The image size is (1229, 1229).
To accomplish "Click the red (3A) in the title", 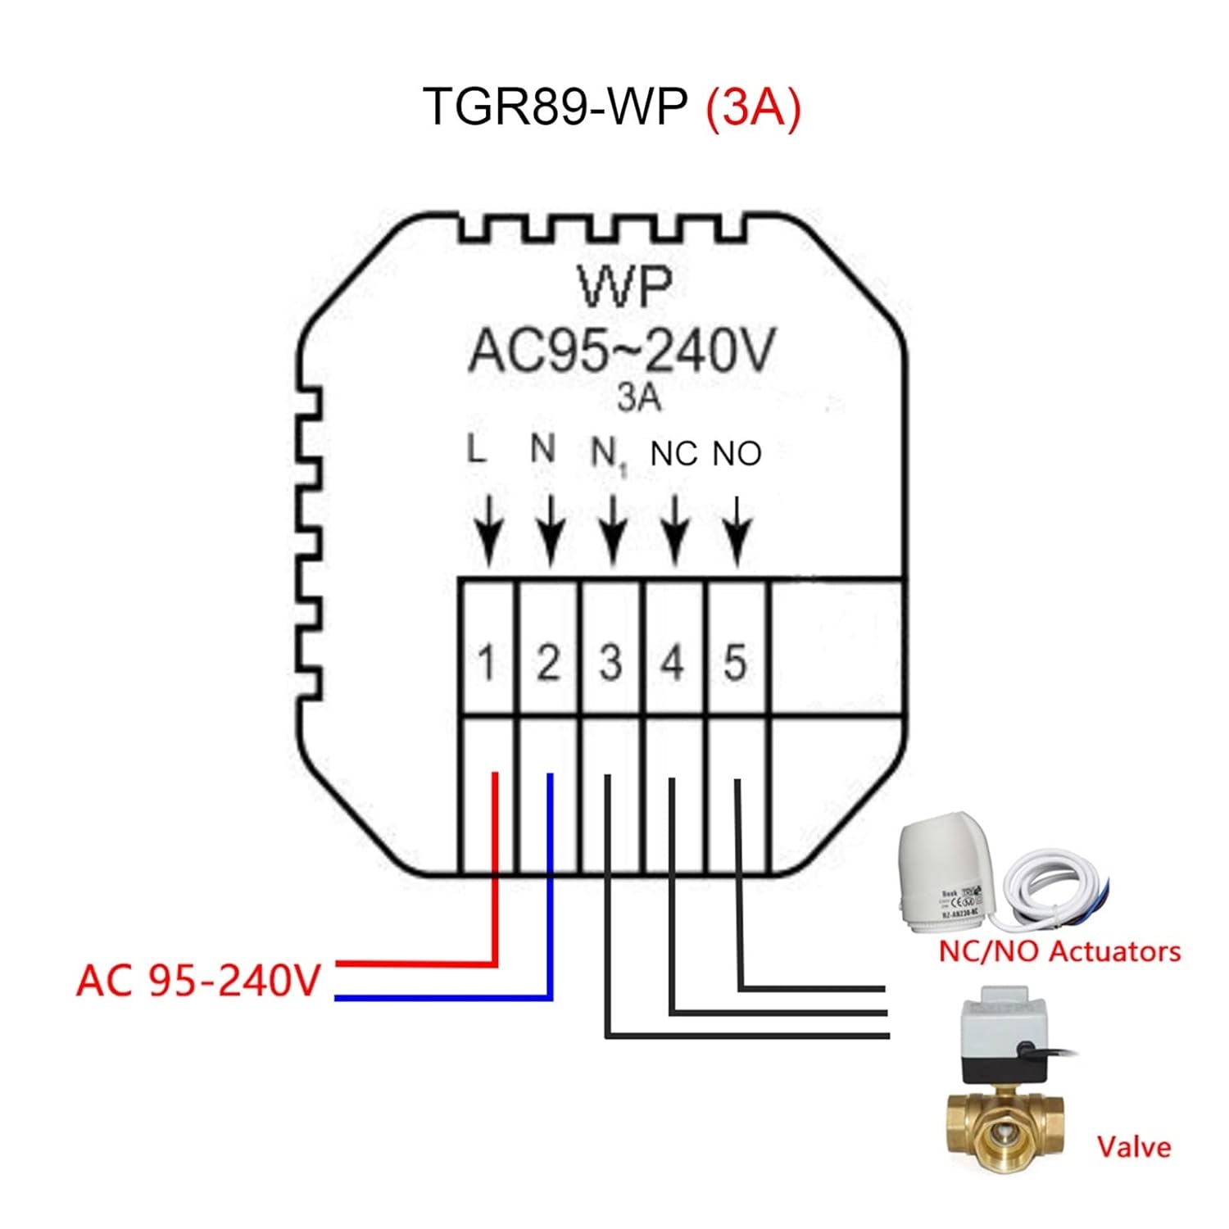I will (752, 107).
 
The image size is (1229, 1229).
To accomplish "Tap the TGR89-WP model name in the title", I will (555, 107).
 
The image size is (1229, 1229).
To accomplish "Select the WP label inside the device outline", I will (624, 287).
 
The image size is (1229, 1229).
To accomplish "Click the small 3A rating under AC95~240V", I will (638, 398).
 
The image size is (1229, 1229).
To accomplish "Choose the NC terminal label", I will (673, 454).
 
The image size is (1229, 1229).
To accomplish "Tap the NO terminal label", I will (737, 454).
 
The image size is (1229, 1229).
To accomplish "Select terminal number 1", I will (487, 663).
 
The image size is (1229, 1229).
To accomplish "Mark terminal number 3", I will (610, 663).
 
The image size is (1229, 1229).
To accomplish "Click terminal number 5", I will (735, 663).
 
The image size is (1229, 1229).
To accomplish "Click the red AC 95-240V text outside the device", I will (198, 980).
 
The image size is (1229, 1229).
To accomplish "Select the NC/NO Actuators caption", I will (1059, 952).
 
